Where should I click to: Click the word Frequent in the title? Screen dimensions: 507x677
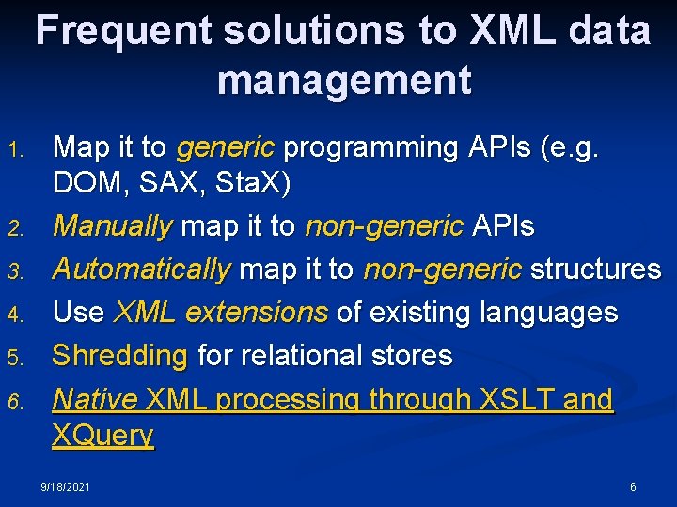(x=122, y=32)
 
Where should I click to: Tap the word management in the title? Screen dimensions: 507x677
(x=344, y=81)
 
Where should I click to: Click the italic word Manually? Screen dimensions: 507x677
(x=112, y=226)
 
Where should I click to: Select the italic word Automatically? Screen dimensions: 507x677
(x=141, y=269)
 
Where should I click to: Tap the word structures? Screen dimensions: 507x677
(x=595, y=269)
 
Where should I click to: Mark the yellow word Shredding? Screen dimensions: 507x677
(x=119, y=356)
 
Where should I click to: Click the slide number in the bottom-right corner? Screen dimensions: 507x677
(x=633, y=487)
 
